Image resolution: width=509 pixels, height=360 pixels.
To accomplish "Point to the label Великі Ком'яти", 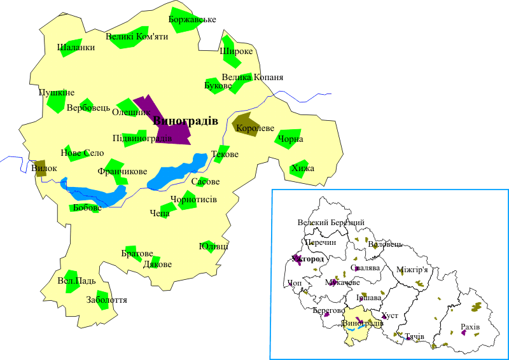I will tap(137, 37).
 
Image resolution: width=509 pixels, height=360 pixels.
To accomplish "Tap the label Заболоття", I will tap(106, 299).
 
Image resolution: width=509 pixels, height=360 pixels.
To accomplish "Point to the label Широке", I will tap(237, 52).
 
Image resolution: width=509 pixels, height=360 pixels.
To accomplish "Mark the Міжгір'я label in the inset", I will tap(412, 270).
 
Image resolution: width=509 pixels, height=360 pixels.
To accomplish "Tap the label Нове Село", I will tap(82, 153).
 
